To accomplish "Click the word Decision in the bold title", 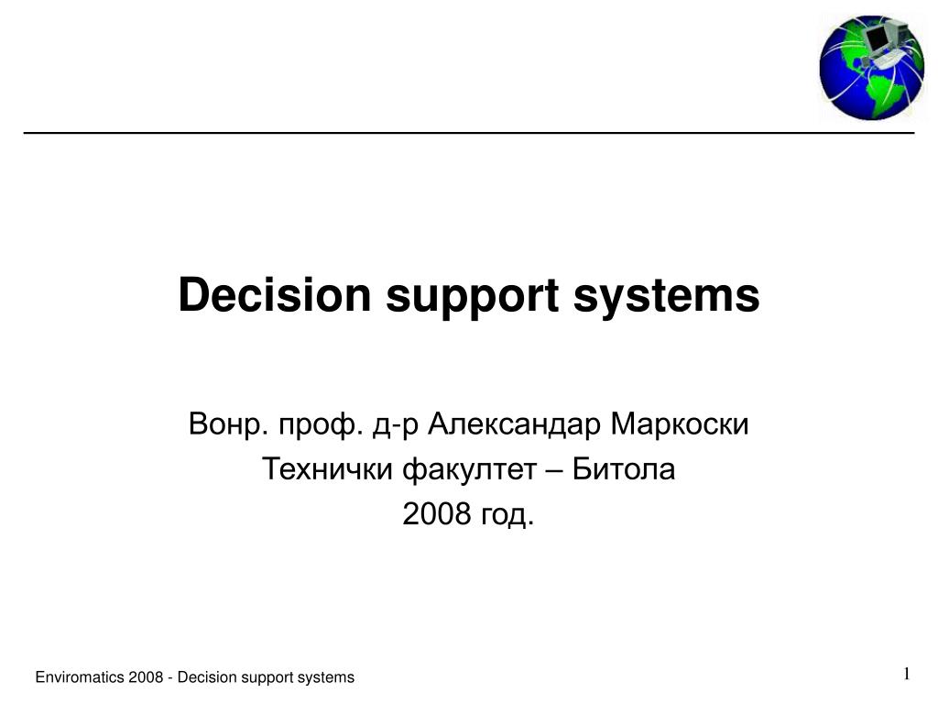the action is click(x=275, y=294).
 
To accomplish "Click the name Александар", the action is click(x=514, y=424).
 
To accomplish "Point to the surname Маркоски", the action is click(x=680, y=424).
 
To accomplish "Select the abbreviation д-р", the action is click(x=396, y=427).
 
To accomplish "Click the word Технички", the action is click(x=328, y=468).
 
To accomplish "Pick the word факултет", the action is click(x=470, y=470).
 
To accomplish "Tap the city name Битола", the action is click(x=624, y=468).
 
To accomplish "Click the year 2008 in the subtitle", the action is click(x=437, y=513).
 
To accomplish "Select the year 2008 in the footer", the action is click(x=146, y=677).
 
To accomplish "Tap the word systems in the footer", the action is click(x=326, y=678).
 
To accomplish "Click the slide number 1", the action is click(x=907, y=674).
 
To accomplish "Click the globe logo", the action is click(x=872, y=67).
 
